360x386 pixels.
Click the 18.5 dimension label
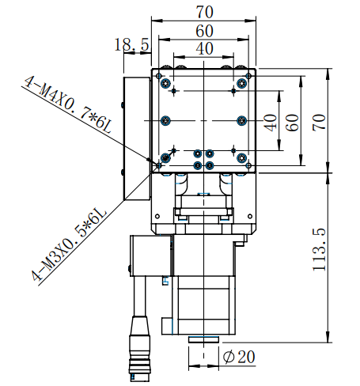pos(132,47)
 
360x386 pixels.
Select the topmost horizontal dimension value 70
pos(204,12)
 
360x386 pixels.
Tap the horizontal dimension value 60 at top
pos(204,31)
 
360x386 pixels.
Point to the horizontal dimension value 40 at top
pos(204,49)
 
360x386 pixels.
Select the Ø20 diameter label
pos(239,358)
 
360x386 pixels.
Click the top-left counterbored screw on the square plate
pos(165,84)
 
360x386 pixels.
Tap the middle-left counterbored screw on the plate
pos(165,120)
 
